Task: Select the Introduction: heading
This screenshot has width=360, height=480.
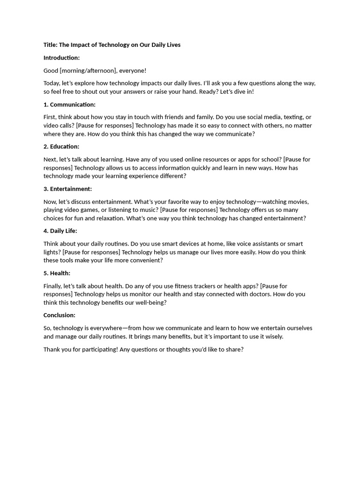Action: pyautogui.click(x=61, y=58)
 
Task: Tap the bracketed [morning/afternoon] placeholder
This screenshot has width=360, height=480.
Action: pyautogui.click(x=88, y=71)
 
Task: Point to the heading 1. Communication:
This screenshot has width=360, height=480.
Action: pyautogui.click(x=69, y=105)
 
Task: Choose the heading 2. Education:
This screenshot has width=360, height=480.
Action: pyautogui.click(x=61, y=147)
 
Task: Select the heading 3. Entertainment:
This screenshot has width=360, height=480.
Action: pyautogui.click(x=67, y=189)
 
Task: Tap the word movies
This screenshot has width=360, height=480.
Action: pyautogui.click(x=299, y=202)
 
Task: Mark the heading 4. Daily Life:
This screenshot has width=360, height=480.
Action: pyautogui.click(x=60, y=231)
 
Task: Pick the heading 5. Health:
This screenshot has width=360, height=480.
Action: pyautogui.click(x=57, y=273)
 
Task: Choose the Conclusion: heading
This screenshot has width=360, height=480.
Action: pyautogui.click(x=59, y=315)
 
